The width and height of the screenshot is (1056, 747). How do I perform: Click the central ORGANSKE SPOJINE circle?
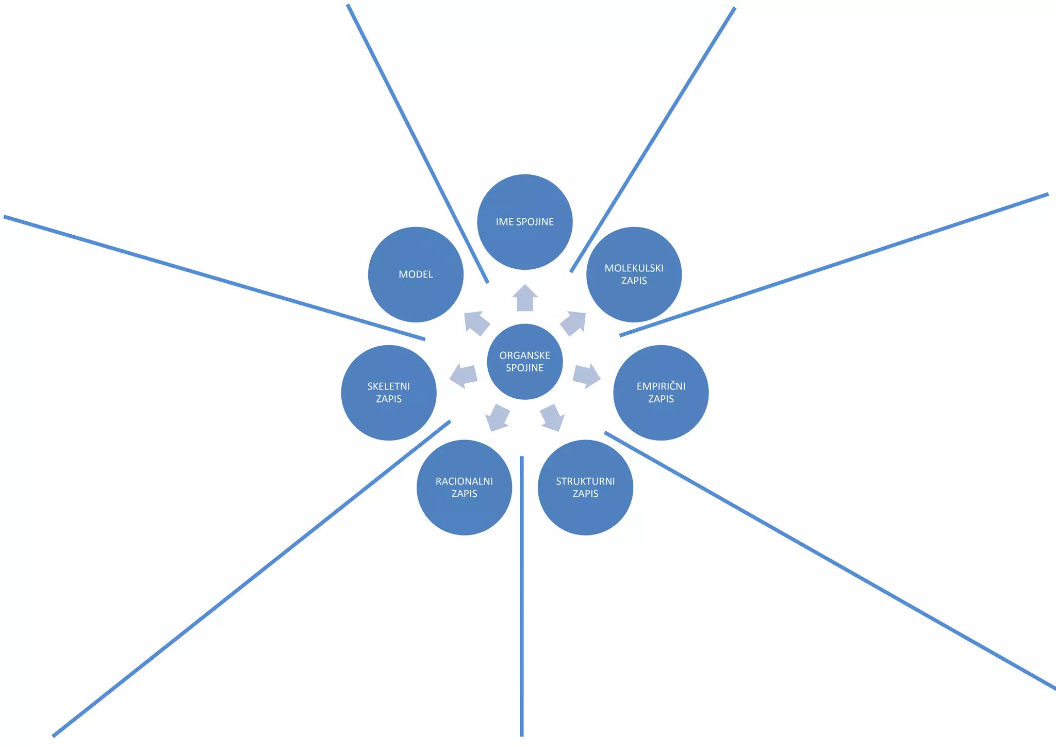525,362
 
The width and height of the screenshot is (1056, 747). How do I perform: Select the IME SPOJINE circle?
525,222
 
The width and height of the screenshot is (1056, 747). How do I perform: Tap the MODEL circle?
416,274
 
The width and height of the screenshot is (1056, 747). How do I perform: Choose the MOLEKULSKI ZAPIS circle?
634,274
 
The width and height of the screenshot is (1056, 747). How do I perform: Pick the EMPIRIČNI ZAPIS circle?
661,393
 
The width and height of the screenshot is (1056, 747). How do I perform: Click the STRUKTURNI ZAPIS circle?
585,488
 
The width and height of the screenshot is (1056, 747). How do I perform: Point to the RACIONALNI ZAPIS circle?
464,488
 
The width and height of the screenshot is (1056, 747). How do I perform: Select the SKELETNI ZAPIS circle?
389,393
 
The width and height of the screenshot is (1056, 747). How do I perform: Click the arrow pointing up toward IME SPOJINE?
525,298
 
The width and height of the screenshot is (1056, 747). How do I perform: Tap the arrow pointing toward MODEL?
476,323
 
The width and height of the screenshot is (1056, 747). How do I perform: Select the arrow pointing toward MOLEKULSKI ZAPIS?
573,323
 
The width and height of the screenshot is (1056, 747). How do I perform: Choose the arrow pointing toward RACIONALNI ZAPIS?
498,417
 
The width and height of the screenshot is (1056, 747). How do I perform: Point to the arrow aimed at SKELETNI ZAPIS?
463,376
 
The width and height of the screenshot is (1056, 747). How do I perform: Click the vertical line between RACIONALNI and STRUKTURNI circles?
522,596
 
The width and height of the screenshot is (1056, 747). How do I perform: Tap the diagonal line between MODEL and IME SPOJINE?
418,143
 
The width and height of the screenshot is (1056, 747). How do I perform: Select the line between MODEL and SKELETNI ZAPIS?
214,278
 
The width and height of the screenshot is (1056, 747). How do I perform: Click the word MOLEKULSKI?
634,268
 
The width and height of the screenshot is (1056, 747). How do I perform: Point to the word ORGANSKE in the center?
525,355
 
